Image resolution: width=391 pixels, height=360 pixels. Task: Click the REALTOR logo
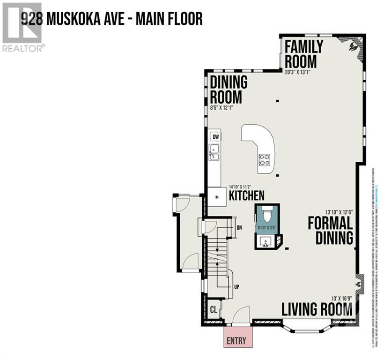[x=23, y=27]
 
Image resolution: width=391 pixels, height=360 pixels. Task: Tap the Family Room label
[x=304, y=54]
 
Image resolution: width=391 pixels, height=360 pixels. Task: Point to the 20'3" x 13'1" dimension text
[x=297, y=72]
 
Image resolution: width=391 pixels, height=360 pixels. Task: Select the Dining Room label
[x=229, y=89]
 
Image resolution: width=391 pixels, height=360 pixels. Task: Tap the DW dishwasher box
[x=216, y=137]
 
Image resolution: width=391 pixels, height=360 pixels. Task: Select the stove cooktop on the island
[x=265, y=160]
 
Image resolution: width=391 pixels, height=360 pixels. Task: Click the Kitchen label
[x=246, y=195]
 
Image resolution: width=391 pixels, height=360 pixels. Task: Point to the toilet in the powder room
[x=267, y=215]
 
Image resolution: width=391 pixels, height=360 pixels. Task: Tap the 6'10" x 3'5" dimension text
[x=267, y=228]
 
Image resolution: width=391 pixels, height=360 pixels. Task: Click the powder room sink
[x=265, y=242]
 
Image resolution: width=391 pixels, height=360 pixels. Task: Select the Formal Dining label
[x=330, y=231]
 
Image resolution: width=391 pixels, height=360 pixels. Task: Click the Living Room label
[x=317, y=309]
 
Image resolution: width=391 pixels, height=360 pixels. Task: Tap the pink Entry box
[x=236, y=341]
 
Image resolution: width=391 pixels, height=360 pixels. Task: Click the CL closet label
[x=214, y=310]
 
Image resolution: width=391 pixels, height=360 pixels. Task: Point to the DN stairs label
[x=239, y=228]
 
